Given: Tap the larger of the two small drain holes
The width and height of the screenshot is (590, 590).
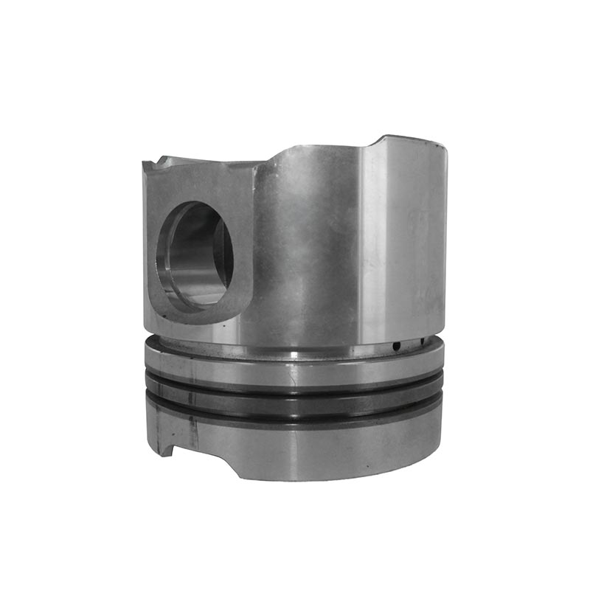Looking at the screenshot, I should click(396, 346).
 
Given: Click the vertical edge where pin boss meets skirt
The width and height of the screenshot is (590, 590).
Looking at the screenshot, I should click(255, 243).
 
